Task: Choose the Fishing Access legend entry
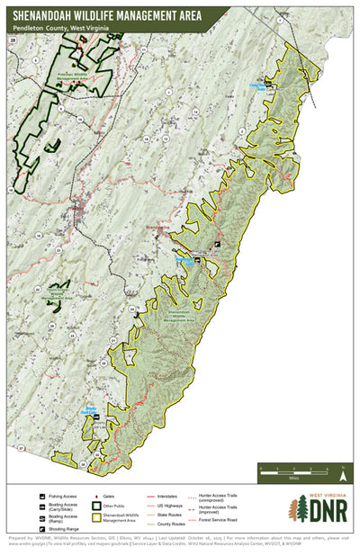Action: (x=58, y=496)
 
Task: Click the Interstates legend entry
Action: (x=165, y=496)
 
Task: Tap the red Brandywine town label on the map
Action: (x=165, y=228)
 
